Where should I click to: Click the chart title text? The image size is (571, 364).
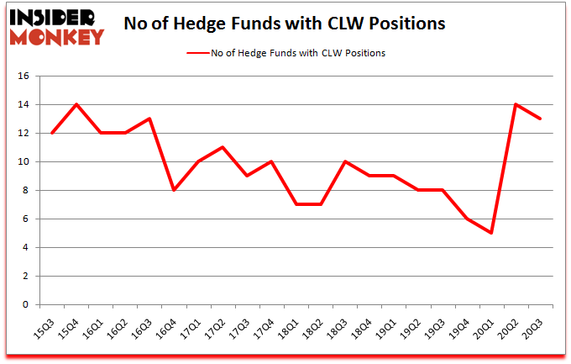tap(284, 25)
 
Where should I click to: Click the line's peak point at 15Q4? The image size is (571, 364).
tap(76, 104)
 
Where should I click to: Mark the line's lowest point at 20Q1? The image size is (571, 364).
tap(491, 233)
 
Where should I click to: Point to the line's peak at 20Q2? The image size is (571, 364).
tap(516, 104)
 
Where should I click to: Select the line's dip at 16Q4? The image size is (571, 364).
tap(173, 190)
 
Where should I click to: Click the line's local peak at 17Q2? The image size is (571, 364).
tap(222, 147)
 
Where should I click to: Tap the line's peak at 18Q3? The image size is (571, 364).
tap(344, 161)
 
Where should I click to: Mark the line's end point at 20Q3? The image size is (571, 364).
tap(540, 119)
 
